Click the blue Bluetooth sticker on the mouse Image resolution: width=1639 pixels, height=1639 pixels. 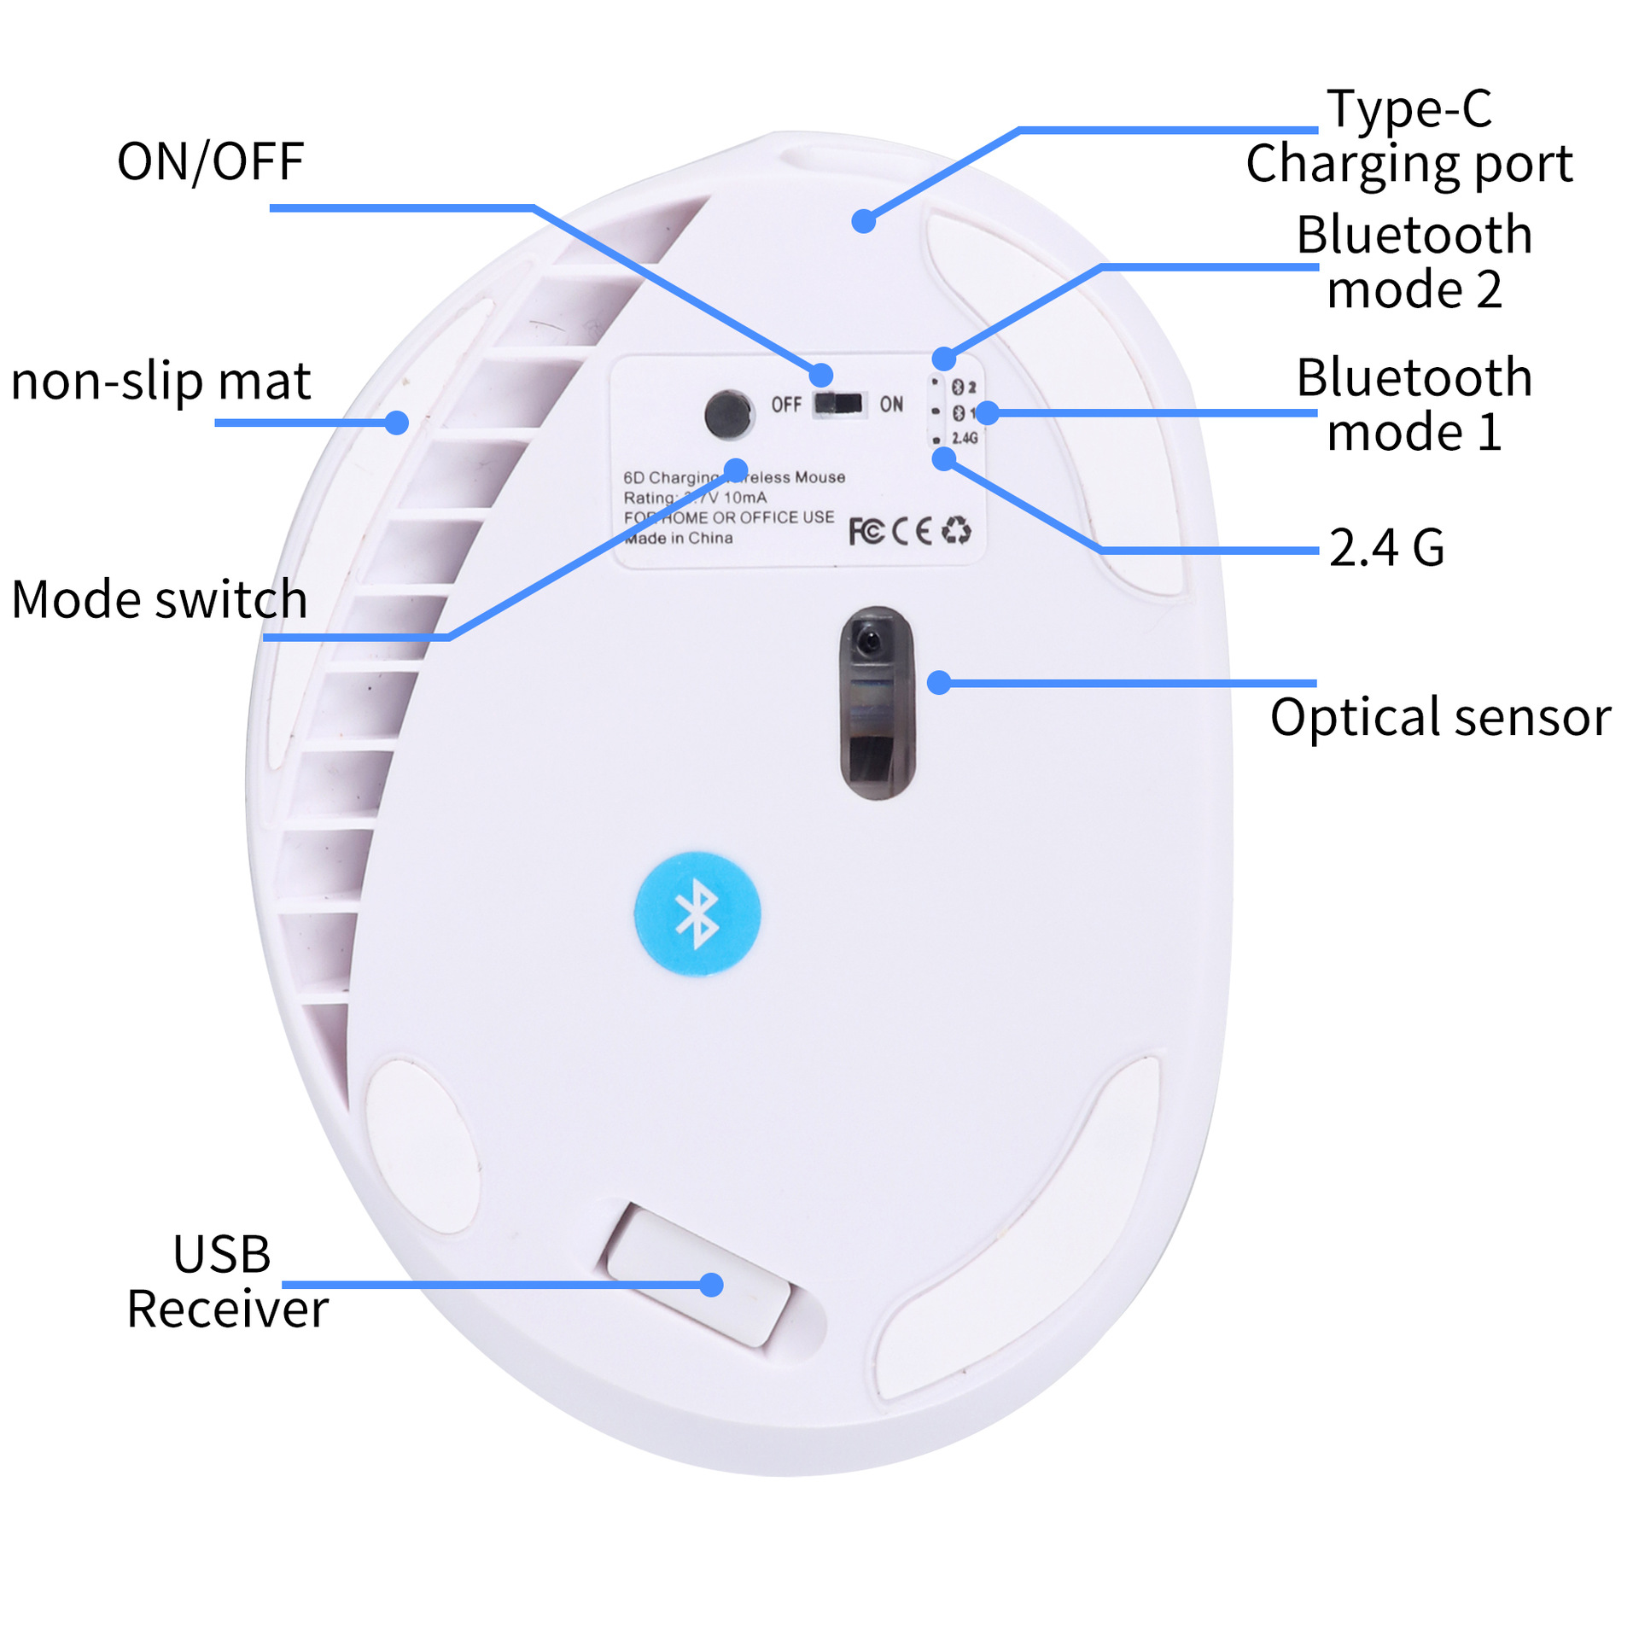tap(697, 913)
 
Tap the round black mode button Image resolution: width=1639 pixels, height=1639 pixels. tap(727, 414)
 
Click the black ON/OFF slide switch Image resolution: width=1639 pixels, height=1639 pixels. tap(838, 403)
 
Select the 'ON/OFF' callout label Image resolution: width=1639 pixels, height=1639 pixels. tap(210, 162)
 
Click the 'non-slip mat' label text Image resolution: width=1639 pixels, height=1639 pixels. tap(160, 381)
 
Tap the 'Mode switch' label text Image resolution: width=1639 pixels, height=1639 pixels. tap(159, 599)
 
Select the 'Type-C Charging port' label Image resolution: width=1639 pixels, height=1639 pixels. tap(1409, 137)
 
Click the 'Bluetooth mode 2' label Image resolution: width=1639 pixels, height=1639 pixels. tap(1414, 261)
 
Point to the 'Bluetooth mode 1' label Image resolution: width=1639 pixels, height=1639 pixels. tap(1414, 404)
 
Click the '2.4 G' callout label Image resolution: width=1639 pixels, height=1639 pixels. tap(1386, 547)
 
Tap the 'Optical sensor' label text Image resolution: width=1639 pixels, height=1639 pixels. tap(1440, 717)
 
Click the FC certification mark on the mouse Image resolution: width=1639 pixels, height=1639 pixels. tap(866, 531)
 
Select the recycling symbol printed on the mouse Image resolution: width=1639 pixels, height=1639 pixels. tap(956, 530)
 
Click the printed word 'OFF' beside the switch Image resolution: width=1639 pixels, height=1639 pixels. tap(786, 404)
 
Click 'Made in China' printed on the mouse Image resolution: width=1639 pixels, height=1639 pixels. tap(679, 538)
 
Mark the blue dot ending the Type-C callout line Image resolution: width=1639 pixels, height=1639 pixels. tap(864, 221)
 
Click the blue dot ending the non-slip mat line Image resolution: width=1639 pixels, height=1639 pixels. tap(396, 422)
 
